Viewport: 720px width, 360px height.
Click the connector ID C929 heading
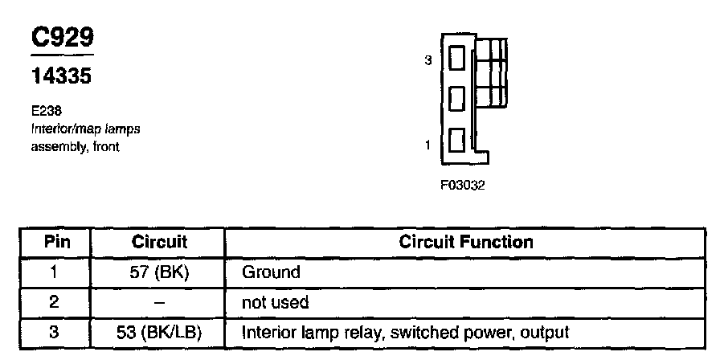click(x=61, y=38)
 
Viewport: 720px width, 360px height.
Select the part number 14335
click(x=61, y=78)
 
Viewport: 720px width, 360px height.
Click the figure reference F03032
click(x=463, y=184)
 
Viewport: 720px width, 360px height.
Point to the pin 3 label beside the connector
click(x=428, y=60)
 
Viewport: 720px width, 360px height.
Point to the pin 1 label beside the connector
click(x=428, y=145)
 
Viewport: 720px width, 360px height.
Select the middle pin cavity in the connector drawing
click(x=456, y=99)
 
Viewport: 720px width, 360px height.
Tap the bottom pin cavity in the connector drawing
click(x=456, y=141)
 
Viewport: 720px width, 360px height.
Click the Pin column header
click(x=56, y=242)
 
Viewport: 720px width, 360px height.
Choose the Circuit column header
click(x=158, y=242)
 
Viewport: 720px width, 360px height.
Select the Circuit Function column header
click(x=466, y=242)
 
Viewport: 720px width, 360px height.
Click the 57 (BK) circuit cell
click(x=158, y=272)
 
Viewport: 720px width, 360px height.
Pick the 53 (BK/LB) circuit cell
click(x=158, y=332)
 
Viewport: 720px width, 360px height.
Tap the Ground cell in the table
click(x=271, y=272)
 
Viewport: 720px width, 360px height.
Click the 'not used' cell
click(x=276, y=303)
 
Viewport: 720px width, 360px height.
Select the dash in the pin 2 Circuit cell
click(x=158, y=303)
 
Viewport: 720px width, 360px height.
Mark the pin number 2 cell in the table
click(x=56, y=303)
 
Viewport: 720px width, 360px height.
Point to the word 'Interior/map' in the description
click(x=59, y=129)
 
